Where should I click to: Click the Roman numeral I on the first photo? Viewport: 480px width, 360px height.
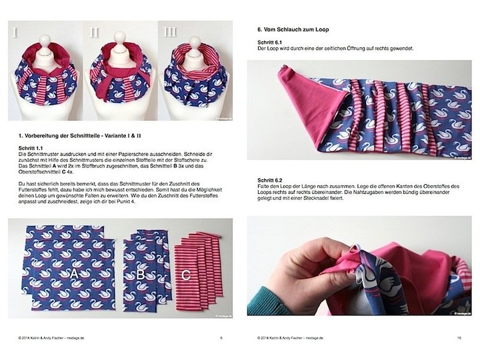tap(15, 32)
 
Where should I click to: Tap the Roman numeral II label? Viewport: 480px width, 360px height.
tap(95, 32)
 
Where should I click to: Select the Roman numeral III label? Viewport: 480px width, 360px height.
tap(171, 32)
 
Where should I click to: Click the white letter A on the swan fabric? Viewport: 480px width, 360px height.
tap(74, 273)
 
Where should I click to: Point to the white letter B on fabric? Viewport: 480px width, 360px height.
tap(141, 274)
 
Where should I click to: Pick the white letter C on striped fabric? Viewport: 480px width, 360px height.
tap(186, 275)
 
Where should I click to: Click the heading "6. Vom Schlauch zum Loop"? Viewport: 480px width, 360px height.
tap(293, 30)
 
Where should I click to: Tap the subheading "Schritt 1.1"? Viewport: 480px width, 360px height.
tap(30, 149)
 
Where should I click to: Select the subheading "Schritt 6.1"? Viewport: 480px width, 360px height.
tap(269, 42)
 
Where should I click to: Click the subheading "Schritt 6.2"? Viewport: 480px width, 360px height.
tap(270, 180)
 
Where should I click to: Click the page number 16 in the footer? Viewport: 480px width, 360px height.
tap(459, 338)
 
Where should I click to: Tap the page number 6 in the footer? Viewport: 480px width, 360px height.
tap(221, 338)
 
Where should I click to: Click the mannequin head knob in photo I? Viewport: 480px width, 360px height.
tap(45, 39)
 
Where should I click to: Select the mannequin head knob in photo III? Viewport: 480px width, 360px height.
tap(195, 41)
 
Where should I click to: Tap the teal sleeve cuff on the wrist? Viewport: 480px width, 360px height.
tap(260, 301)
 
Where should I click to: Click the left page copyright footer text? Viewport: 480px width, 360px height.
tap(51, 338)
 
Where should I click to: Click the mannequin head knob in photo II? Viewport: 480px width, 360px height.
tap(119, 37)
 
